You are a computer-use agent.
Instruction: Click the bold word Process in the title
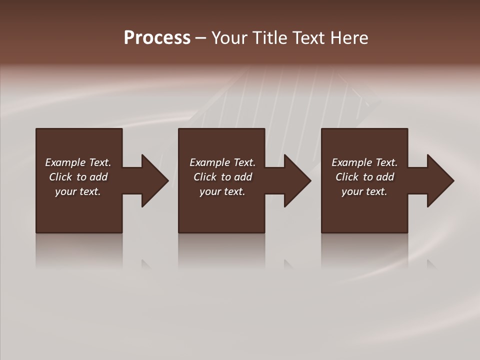[x=157, y=38]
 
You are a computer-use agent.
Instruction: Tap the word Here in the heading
[x=348, y=38]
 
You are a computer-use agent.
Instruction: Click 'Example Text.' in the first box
[x=78, y=162]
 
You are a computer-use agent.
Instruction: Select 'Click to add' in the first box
[x=78, y=177]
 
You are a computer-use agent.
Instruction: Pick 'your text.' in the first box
[x=78, y=191]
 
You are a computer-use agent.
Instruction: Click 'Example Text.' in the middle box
[x=222, y=162]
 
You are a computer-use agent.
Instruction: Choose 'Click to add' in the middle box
[x=222, y=177]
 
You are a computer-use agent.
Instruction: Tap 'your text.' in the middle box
[x=222, y=191]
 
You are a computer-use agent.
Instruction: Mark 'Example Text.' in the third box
[x=364, y=162]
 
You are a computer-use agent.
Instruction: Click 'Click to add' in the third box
[x=364, y=177]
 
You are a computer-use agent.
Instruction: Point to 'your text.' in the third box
[x=364, y=191]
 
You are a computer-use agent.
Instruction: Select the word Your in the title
[x=229, y=38]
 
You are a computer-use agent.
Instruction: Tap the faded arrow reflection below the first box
[x=146, y=264]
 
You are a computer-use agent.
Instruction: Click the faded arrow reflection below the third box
[x=431, y=264]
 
